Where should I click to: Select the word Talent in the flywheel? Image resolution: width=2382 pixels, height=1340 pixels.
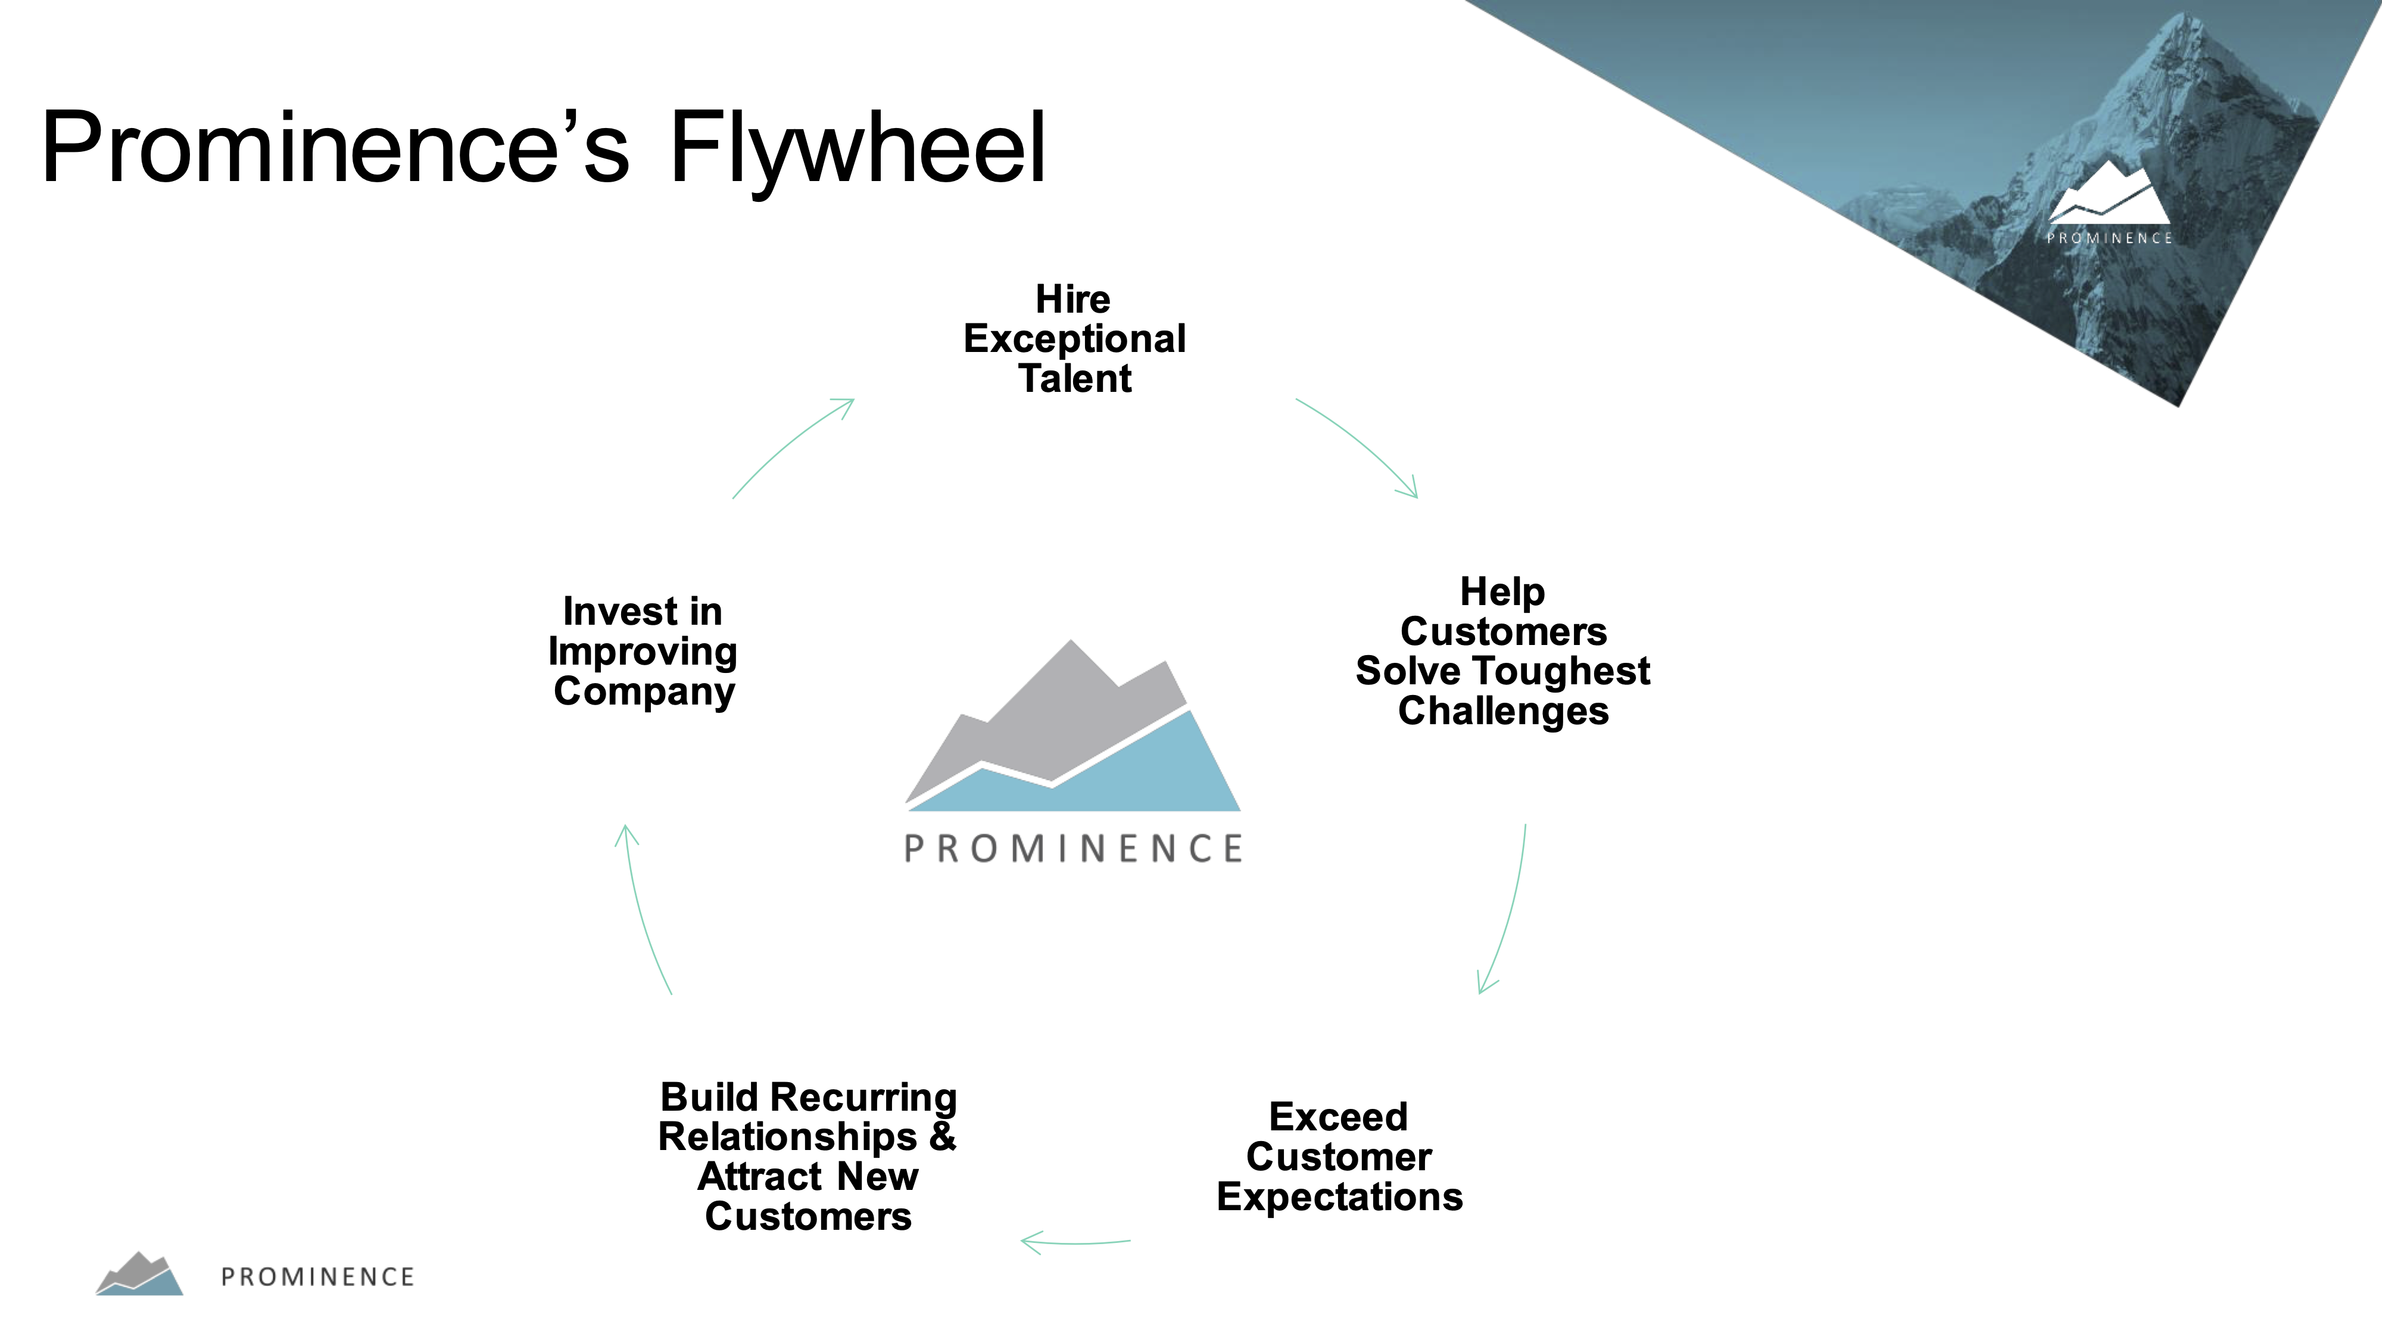[x=1074, y=378]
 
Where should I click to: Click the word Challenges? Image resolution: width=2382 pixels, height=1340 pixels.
[x=1504, y=711]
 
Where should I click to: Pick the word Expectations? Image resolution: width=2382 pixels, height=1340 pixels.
[x=1340, y=1196]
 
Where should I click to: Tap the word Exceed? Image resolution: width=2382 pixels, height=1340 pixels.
[x=1338, y=1117]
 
